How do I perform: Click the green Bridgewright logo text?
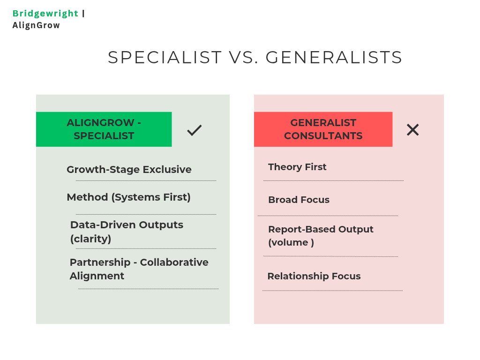[45, 14]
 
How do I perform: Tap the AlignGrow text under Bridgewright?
[36, 25]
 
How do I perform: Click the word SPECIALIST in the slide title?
[165, 57]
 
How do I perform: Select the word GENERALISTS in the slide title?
[334, 57]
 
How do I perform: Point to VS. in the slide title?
[244, 57]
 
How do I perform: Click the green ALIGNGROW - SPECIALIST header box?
[104, 129]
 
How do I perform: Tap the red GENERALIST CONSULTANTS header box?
[323, 129]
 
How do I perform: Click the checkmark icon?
[195, 130]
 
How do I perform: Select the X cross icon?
[412, 130]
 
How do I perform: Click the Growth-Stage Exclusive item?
[129, 170]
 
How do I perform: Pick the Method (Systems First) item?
[128, 197]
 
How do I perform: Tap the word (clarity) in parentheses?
[90, 239]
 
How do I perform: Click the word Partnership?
[100, 262]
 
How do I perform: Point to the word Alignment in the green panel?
[97, 276]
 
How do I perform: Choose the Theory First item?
[297, 167]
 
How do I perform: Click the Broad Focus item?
[299, 200]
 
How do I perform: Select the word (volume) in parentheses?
[291, 242]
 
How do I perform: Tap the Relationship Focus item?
[314, 276]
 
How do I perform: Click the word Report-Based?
[302, 229]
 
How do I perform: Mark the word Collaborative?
[174, 262]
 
